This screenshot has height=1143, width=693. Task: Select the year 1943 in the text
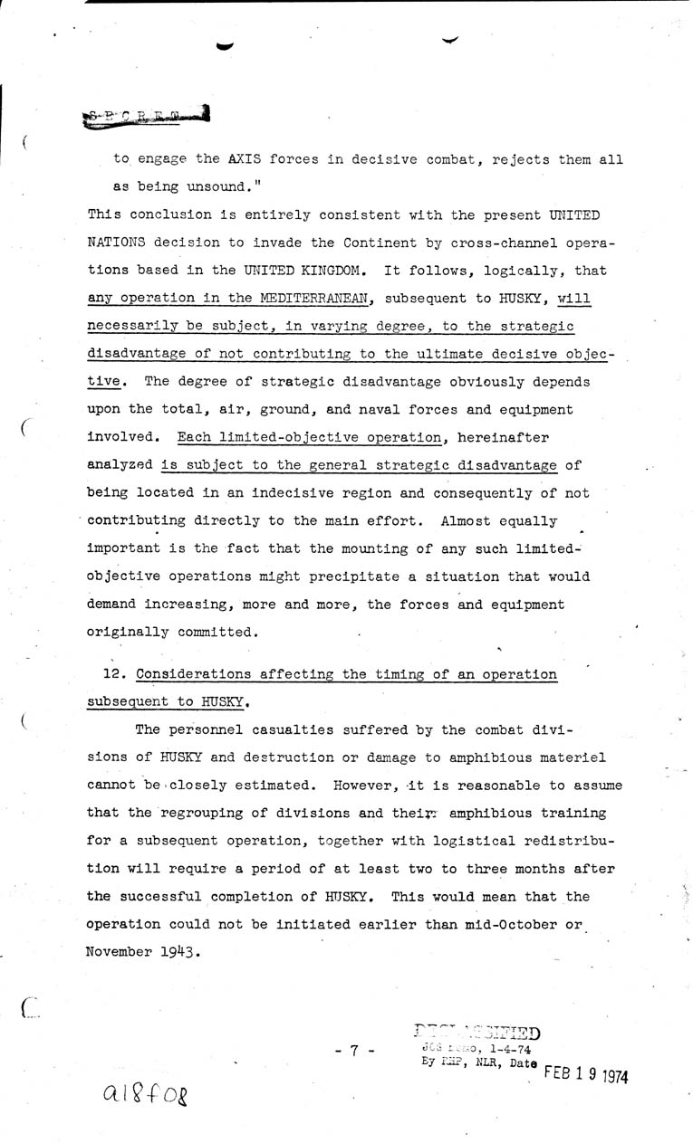(x=177, y=951)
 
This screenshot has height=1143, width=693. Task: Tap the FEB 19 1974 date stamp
(x=586, y=1073)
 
